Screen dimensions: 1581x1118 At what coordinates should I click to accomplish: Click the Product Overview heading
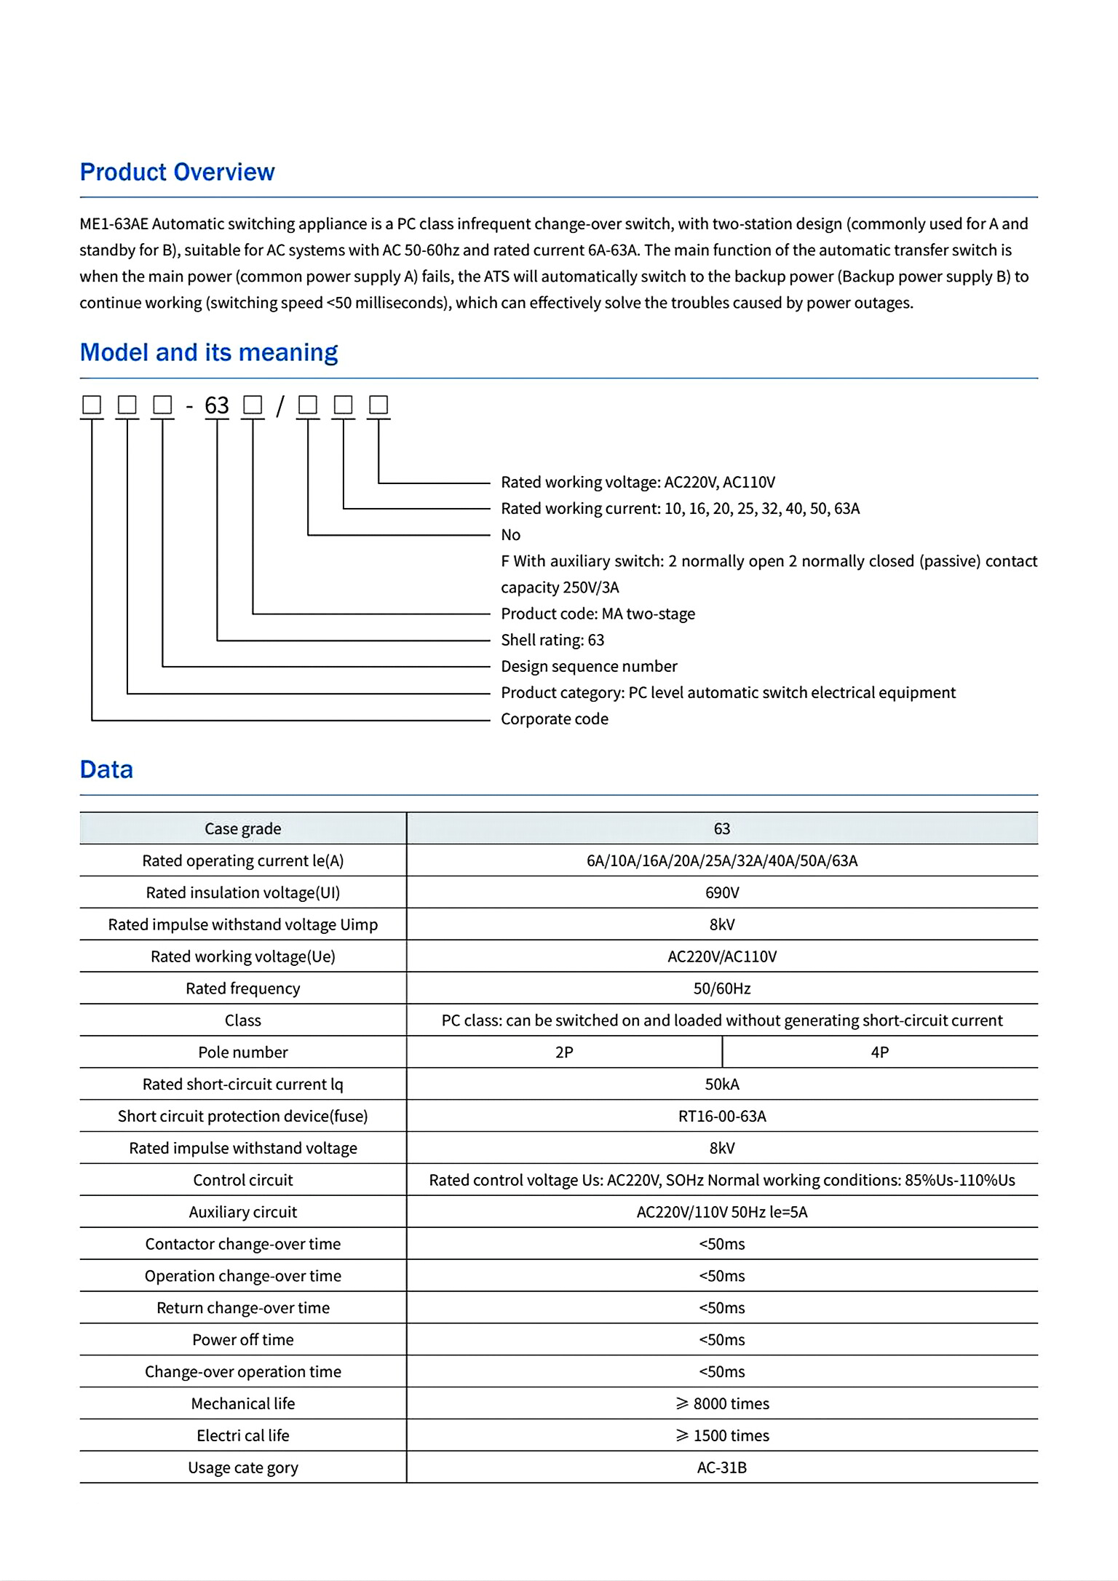tap(177, 172)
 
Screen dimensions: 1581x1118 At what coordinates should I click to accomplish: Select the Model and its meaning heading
tap(209, 352)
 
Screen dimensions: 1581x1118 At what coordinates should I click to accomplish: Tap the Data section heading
tap(106, 769)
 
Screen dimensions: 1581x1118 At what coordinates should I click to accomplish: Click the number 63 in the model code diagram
tap(217, 405)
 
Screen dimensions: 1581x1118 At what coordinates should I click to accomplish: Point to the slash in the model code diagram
tap(279, 406)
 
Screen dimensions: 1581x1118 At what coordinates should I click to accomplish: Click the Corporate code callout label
tap(554, 719)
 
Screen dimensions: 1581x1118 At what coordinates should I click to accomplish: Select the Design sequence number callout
tap(589, 667)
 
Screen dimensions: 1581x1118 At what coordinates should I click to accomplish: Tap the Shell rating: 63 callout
tap(552, 641)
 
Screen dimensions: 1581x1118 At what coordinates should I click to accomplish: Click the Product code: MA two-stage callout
tap(598, 614)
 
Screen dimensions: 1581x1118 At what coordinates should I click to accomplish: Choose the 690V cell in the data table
tap(722, 893)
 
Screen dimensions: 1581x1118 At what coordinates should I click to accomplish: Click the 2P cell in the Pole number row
tap(564, 1053)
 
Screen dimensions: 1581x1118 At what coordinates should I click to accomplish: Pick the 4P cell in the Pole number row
tap(880, 1053)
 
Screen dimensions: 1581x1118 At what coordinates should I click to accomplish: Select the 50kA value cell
tap(722, 1085)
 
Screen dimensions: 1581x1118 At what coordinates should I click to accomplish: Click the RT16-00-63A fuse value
tap(722, 1117)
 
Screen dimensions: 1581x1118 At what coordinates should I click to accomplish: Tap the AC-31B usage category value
tap(722, 1468)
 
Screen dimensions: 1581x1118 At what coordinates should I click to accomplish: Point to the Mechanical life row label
tap(243, 1404)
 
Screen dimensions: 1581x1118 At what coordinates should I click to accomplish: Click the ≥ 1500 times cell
tap(722, 1436)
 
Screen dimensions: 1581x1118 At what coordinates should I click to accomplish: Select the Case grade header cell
tap(243, 829)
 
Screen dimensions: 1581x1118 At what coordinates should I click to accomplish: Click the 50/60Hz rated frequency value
tap(722, 989)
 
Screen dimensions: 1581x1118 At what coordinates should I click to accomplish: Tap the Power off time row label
tap(243, 1340)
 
